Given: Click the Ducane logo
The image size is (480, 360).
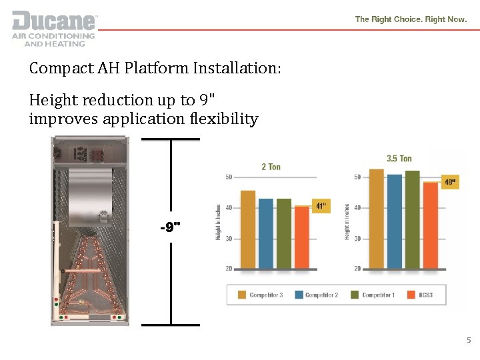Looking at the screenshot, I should [53, 28].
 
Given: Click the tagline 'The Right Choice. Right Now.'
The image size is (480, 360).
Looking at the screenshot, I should [411, 19].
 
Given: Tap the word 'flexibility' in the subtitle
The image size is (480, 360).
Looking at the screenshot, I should [225, 119].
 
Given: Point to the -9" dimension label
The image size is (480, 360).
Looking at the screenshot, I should [171, 228].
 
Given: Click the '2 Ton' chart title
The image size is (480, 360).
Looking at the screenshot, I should [271, 167].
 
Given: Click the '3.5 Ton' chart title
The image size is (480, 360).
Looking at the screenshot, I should [399, 159].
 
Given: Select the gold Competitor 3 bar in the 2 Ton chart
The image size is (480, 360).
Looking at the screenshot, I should [248, 229].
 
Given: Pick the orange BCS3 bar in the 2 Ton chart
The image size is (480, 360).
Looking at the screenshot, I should [302, 237].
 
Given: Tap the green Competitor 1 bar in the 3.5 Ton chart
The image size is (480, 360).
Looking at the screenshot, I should [413, 219].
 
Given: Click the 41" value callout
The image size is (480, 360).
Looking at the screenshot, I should [321, 207].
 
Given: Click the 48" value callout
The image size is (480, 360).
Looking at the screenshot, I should [451, 181].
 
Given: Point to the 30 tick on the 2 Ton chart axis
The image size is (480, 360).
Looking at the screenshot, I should [229, 239].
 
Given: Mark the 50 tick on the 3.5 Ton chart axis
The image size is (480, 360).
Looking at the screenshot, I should [357, 177].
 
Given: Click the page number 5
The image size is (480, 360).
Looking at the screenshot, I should [468, 341].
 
